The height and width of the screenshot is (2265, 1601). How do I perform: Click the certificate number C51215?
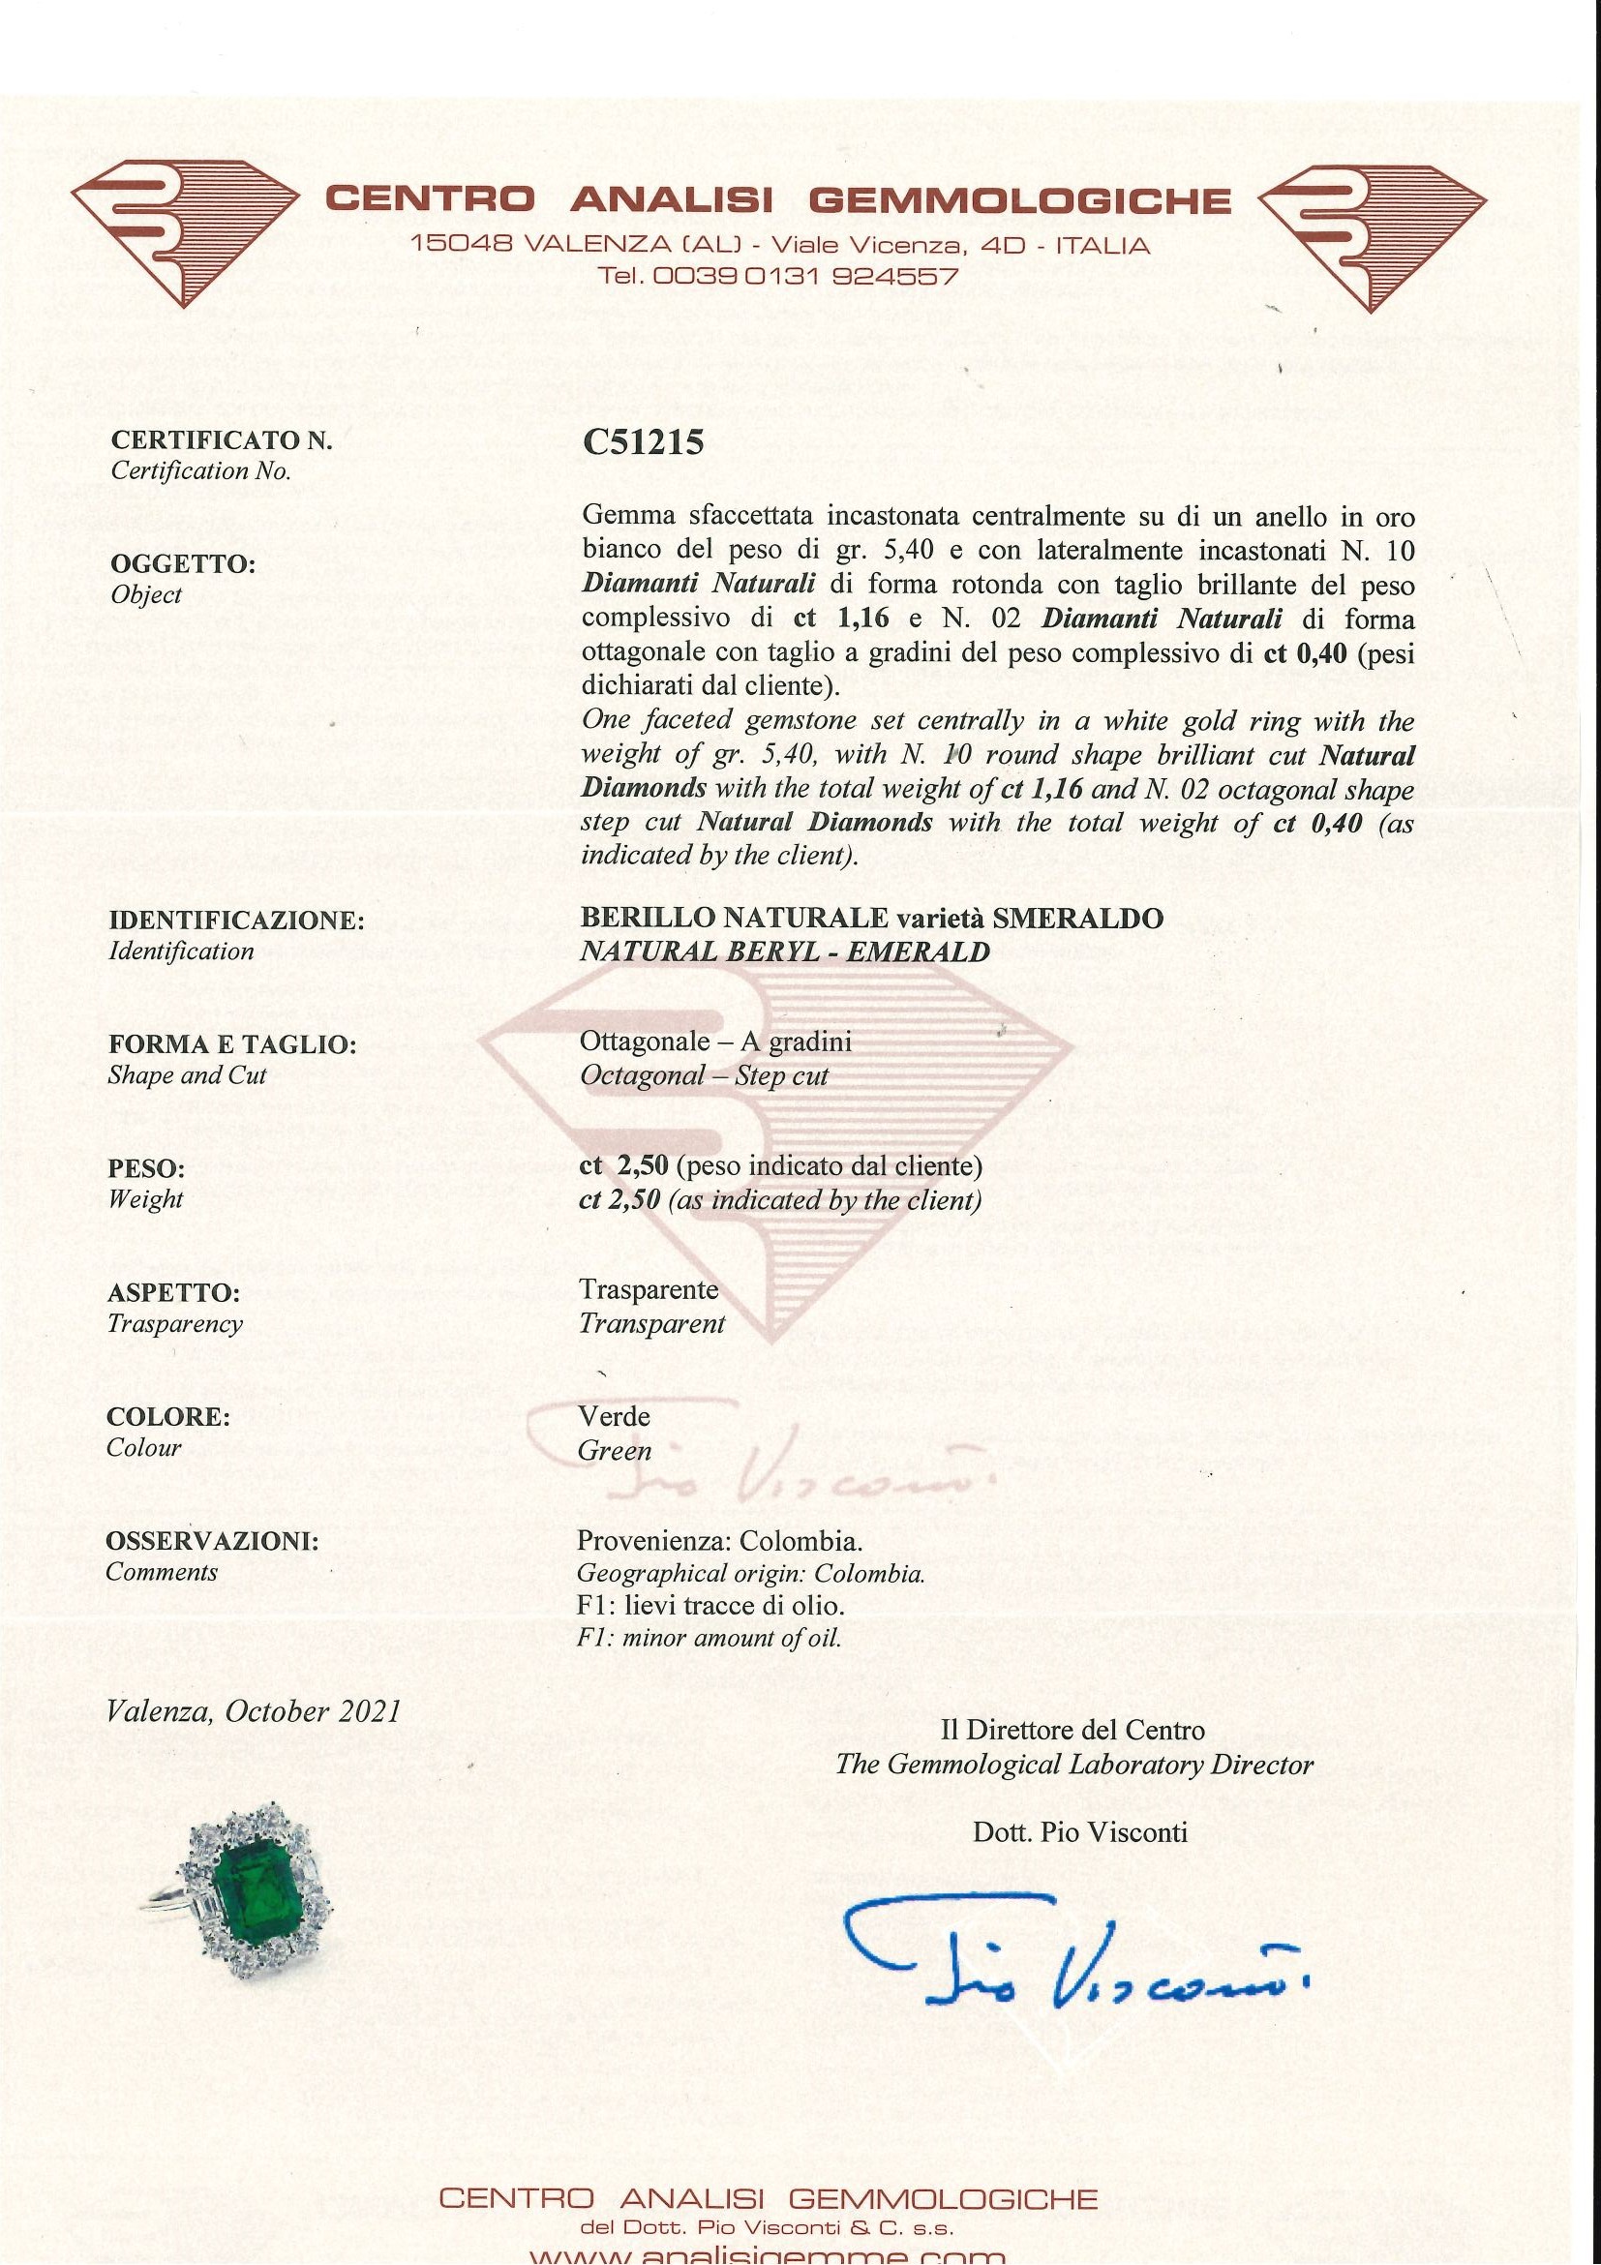[643, 442]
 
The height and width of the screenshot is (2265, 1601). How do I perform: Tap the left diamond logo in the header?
[185, 235]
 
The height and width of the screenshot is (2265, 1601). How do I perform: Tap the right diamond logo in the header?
[1372, 237]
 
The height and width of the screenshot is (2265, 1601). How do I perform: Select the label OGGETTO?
[183, 564]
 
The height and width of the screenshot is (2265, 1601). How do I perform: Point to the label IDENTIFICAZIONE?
[237, 921]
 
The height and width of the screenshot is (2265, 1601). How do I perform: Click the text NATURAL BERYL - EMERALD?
[784, 951]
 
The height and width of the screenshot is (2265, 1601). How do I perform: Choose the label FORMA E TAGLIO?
[231, 1044]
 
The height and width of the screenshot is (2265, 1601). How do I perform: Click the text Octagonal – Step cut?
[704, 1075]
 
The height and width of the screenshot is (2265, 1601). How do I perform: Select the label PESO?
[146, 1169]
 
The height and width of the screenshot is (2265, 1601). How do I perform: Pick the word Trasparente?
[649, 1289]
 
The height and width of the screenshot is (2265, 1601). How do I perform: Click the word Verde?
[614, 1417]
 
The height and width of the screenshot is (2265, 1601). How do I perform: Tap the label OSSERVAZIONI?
[212, 1541]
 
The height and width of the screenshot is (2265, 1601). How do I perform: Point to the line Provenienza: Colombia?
[719, 1540]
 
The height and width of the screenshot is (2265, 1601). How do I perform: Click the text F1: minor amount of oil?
[709, 1639]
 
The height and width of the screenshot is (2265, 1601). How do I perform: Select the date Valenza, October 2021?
[254, 1710]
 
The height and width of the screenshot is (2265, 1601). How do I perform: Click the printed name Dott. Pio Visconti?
[1079, 1832]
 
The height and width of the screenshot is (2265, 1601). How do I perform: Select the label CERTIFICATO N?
[222, 440]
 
